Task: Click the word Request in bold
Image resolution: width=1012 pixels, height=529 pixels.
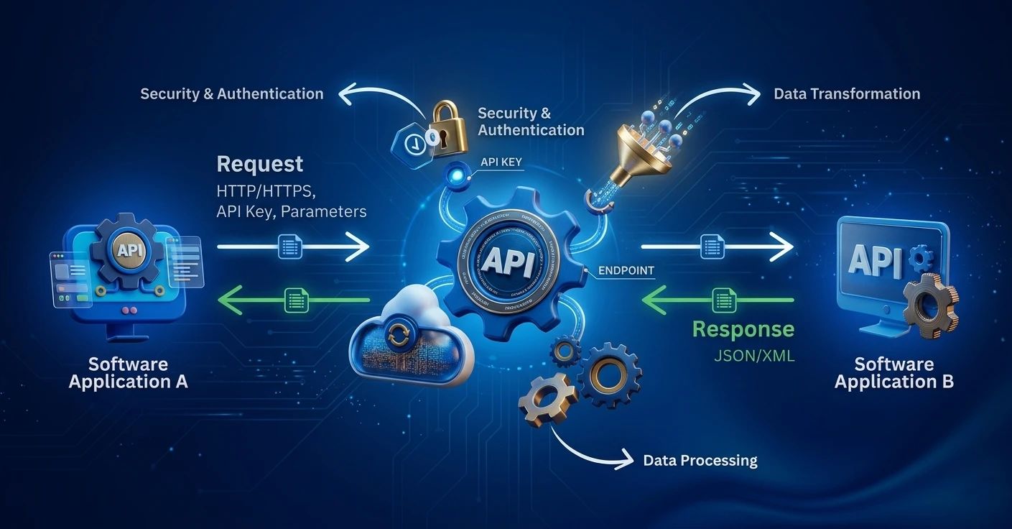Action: pos(260,164)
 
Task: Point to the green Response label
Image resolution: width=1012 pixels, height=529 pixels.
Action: pos(743,330)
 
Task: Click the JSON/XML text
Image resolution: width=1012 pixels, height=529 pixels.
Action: pos(754,355)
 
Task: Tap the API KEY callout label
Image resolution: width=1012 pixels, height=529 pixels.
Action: pos(501,163)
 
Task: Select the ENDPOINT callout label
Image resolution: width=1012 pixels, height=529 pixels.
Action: pos(626,271)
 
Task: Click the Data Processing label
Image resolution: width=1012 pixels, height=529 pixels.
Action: pos(700,460)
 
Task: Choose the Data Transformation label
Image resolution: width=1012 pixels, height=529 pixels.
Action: pos(847,93)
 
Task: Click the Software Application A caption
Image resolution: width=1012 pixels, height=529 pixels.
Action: pos(128,372)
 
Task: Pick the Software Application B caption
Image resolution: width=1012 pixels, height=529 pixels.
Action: pos(894,372)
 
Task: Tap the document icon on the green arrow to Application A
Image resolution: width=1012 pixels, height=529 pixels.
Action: pos(296,300)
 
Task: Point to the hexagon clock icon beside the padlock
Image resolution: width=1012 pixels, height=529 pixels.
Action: pos(412,144)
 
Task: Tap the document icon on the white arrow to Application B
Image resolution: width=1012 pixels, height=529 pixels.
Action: pos(712,247)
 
